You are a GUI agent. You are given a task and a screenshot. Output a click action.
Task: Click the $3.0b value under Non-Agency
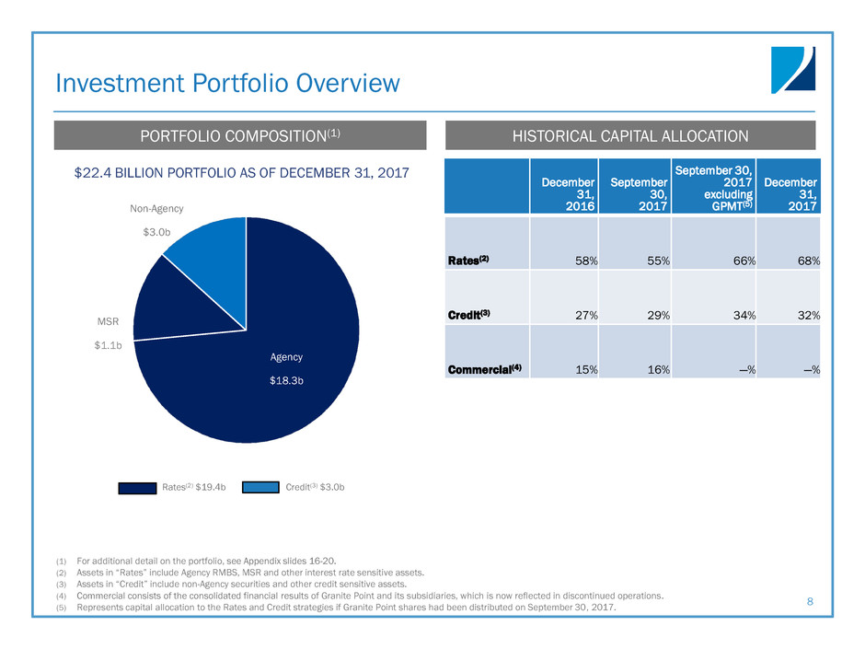[156, 232]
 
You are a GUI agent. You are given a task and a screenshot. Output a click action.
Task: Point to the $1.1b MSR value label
[109, 345]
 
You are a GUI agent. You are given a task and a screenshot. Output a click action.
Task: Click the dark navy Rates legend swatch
[137, 488]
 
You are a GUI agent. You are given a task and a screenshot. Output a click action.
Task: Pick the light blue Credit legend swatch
[260, 487]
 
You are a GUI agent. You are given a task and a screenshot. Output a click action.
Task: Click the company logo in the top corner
[792, 70]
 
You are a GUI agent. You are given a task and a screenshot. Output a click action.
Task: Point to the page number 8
[810, 601]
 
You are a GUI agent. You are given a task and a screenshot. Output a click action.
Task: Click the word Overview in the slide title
[348, 84]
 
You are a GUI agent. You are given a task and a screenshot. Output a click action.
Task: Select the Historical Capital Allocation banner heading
[630, 135]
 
